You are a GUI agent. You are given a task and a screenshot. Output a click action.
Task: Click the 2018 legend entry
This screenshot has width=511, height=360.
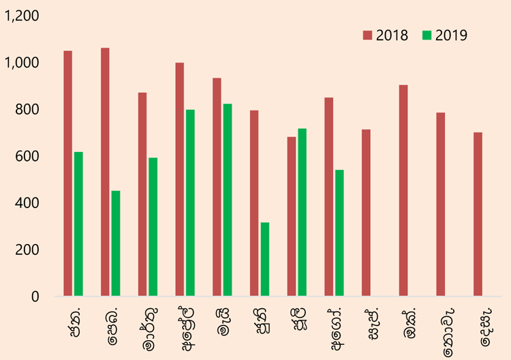point(386,35)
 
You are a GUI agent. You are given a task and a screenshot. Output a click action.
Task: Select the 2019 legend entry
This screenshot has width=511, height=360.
point(445,35)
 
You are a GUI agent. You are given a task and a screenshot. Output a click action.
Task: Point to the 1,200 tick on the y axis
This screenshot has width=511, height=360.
point(21,16)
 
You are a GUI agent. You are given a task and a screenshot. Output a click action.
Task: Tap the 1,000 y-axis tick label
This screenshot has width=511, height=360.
point(21,62)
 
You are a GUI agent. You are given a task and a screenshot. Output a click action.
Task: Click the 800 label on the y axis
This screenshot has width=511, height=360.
point(27,109)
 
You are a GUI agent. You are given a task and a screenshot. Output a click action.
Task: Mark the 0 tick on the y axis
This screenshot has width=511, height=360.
point(35,297)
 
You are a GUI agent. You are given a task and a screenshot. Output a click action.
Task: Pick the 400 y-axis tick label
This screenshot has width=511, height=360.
point(27,202)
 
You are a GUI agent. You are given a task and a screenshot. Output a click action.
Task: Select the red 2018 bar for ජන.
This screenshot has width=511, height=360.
point(67,173)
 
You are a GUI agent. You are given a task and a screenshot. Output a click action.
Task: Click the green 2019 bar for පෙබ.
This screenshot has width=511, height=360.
point(116,243)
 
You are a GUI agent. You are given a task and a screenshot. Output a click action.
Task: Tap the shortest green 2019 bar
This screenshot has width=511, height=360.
point(265,259)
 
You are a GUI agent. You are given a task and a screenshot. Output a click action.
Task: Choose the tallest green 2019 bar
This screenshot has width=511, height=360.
point(228,200)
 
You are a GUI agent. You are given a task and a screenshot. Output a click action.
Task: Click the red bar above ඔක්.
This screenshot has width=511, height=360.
point(403,190)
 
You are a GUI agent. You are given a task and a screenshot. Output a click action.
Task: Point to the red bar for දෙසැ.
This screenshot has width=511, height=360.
point(478,214)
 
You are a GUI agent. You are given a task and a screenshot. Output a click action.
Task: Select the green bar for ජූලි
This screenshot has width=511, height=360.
point(302,212)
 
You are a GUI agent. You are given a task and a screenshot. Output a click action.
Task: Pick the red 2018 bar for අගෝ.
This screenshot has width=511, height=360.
point(329,196)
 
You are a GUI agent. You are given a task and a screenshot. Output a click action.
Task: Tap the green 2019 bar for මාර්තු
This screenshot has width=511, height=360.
point(153,227)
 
